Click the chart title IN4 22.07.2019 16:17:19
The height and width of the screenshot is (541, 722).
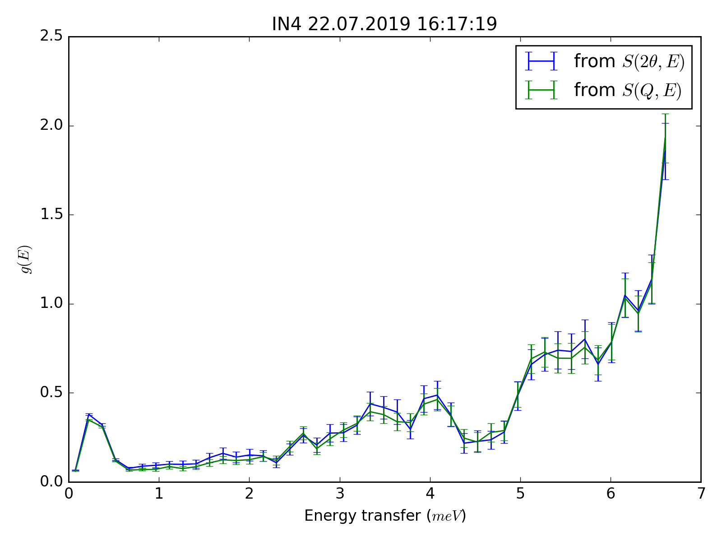point(384,24)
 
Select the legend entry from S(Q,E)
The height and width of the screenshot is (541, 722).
point(627,90)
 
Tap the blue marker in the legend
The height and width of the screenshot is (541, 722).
point(541,61)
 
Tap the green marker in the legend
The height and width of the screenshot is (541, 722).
point(541,90)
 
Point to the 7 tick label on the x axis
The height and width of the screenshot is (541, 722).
point(701,495)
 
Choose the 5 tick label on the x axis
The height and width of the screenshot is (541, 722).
point(520,495)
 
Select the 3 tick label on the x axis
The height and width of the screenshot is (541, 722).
point(340,495)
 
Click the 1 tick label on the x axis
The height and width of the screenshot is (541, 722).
point(159,495)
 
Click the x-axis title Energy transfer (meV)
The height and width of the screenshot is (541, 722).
point(384,516)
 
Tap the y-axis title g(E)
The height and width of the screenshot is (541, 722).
point(27,259)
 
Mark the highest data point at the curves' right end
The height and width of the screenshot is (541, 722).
point(665,136)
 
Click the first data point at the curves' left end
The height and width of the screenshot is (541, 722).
point(75,470)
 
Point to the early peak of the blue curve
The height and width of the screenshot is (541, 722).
point(89,414)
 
